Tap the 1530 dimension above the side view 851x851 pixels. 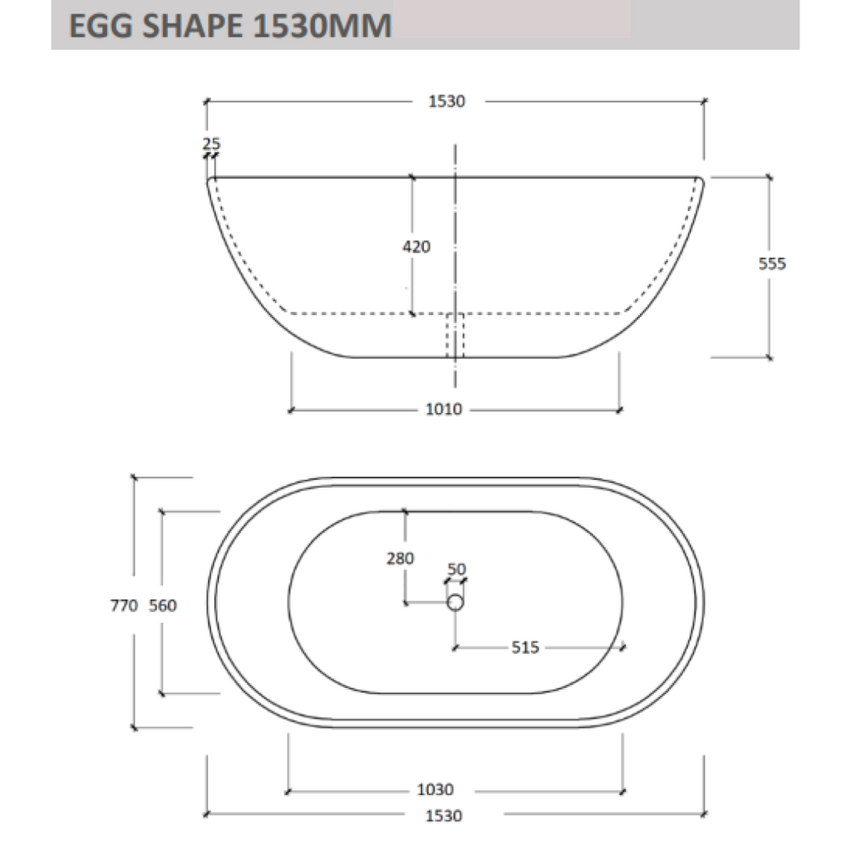446,101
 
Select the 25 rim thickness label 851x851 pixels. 211,144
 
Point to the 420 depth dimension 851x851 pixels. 416,247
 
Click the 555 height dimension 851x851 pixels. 772,264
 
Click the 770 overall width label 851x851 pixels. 122,606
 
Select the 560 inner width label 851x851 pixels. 162,606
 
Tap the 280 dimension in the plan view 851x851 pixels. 400,558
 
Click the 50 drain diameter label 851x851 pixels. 456,569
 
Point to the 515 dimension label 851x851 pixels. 525,647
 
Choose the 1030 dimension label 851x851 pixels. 436,790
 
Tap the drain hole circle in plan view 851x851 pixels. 455,603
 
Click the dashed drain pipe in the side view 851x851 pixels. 455,336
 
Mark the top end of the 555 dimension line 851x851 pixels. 770,177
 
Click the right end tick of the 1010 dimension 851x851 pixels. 619,410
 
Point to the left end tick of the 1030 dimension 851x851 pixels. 288,790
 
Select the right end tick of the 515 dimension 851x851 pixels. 624,647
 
